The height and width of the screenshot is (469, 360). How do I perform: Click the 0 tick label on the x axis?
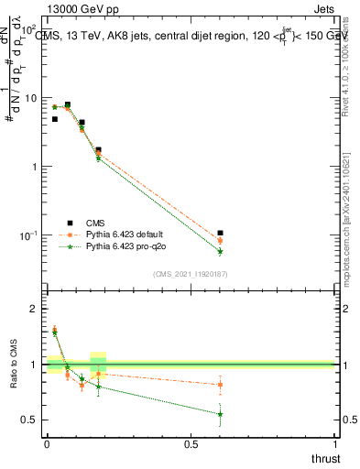[x=47, y=444]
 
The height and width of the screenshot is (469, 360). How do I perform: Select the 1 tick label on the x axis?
[x=334, y=444]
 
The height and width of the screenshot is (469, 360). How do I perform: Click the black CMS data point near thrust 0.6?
[x=220, y=234]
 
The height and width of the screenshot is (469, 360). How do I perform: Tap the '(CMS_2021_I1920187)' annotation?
[x=190, y=274]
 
